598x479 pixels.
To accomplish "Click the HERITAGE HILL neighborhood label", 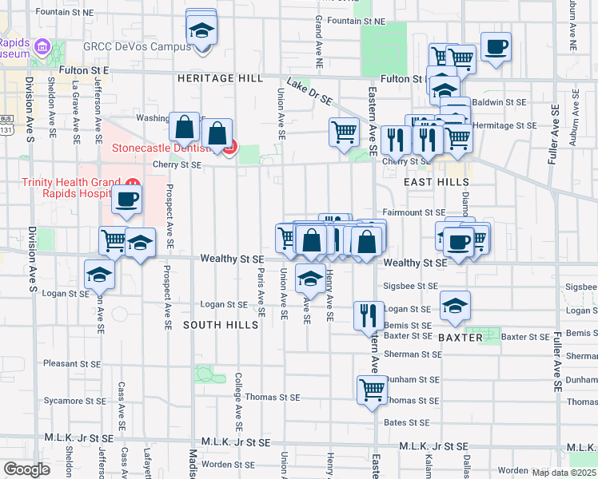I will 219,78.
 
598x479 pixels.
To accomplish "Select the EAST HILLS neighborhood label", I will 436,182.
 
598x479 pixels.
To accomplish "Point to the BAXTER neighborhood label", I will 460,338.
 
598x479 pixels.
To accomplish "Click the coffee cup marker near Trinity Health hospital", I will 127,199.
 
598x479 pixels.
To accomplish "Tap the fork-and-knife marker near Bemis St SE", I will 369,314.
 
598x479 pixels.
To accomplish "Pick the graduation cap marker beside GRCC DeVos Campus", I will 201,31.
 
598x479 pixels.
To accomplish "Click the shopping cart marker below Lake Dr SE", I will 344,131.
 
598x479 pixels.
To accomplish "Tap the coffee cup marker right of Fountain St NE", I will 496,46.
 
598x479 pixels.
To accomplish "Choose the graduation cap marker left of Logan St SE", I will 99,274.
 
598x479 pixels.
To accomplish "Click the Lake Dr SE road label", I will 309,92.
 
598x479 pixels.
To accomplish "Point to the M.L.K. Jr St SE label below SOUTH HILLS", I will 237,441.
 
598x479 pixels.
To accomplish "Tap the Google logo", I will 26,469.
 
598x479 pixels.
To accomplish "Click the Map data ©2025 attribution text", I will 564,473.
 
